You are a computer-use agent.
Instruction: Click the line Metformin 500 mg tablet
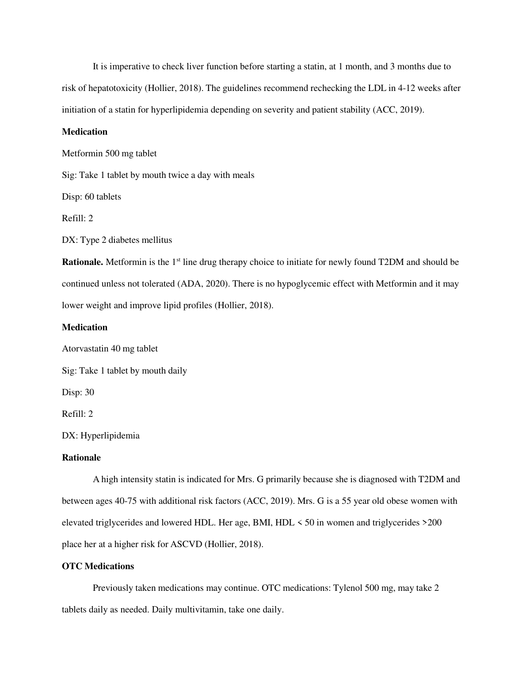[109, 154]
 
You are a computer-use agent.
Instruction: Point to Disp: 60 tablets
[91, 197]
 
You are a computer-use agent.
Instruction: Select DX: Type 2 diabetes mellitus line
[117, 240]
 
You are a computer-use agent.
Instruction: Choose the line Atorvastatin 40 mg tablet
[110, 349]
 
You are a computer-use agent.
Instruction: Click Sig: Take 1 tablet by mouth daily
[124, 371]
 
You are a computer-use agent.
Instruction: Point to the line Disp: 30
[78, 393]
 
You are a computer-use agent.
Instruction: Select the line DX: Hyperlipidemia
[101, 436]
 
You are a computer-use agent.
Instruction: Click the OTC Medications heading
[98, 567]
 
